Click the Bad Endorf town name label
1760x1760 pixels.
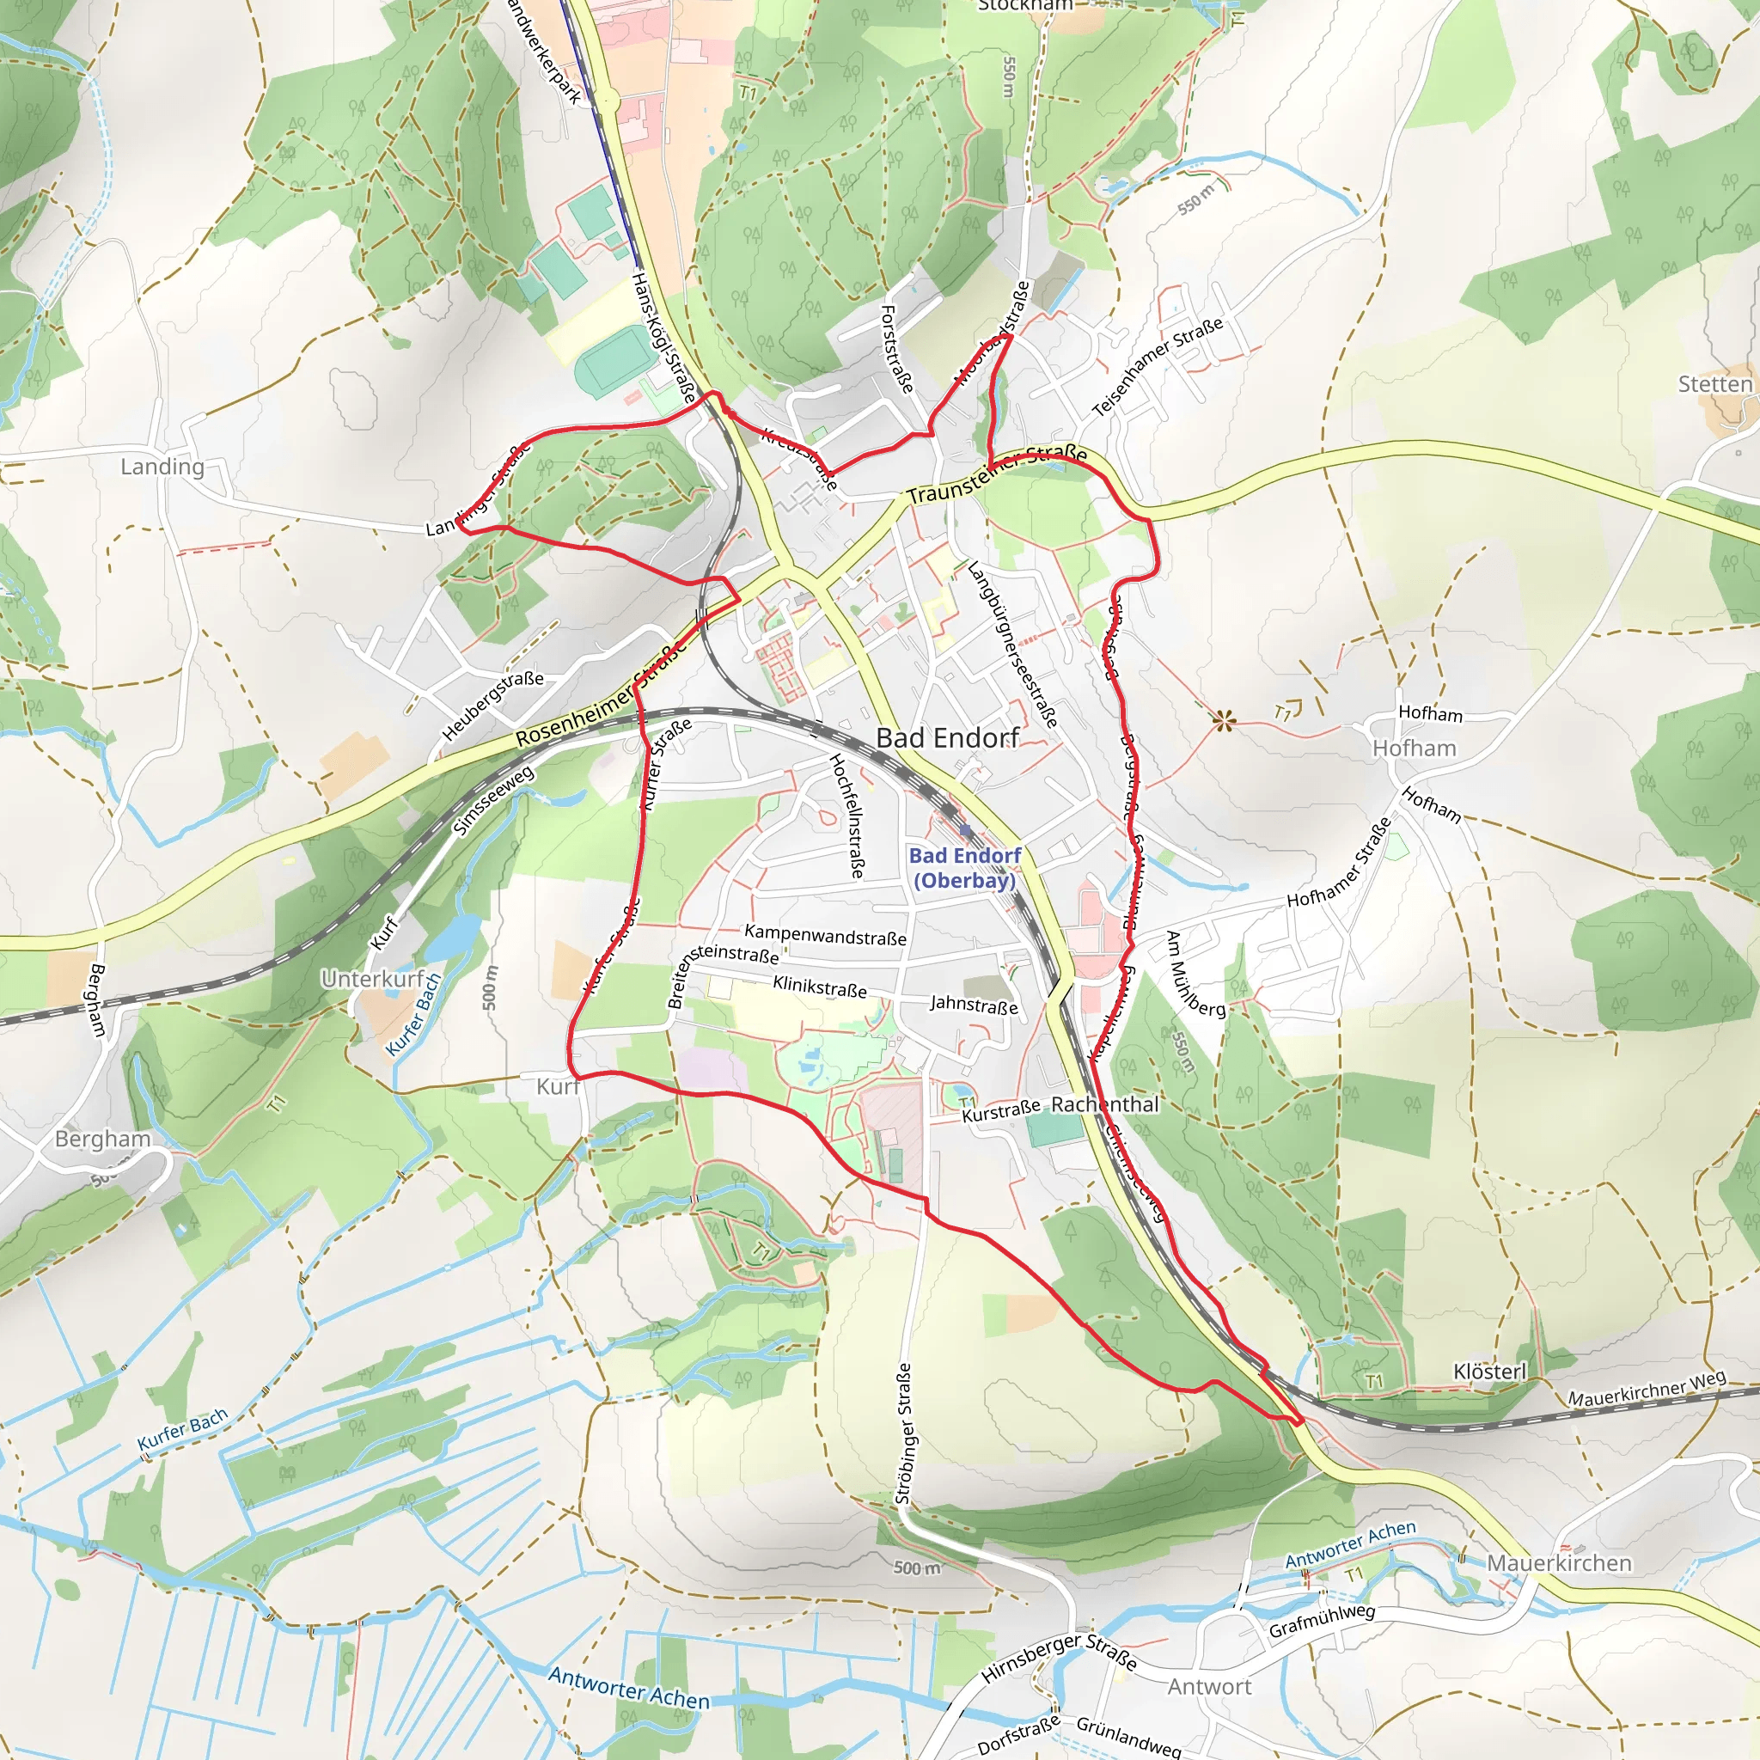947,738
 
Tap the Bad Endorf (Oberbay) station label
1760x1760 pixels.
965,867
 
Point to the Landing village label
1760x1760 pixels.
162,467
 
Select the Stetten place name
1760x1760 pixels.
1715,383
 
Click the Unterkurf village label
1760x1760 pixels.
373,980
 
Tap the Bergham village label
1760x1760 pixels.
103,1139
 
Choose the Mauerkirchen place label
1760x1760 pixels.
1559,1563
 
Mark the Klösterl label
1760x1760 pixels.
1489,1372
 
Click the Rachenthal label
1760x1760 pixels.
1104,1104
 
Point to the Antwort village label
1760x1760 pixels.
1210,1686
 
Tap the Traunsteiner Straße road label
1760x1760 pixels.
997,474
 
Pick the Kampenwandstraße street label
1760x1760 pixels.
825,935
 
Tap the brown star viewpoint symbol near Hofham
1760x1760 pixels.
1225,723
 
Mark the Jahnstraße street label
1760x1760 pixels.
974,1005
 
